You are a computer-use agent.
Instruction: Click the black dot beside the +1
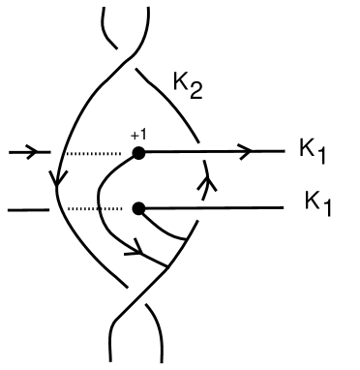tap(139, 153)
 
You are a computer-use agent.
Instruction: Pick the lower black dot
tap(139, 207)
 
